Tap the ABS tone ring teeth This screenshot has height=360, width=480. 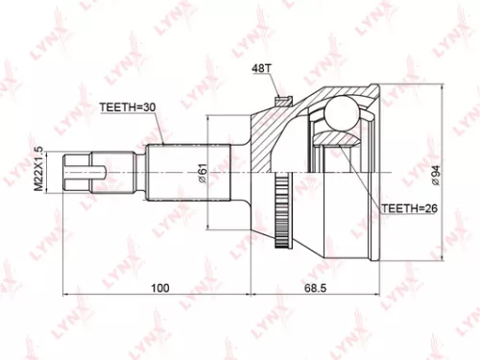(280, 189)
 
